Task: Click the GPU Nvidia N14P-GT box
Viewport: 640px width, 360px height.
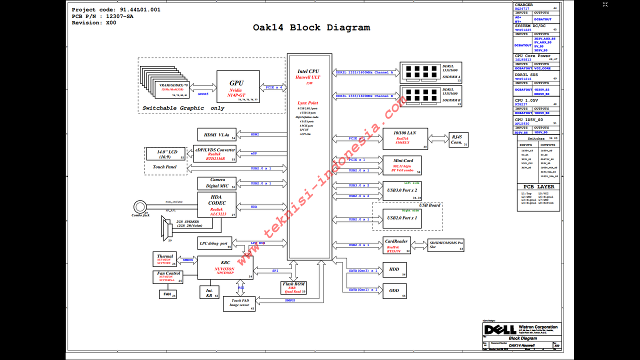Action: coord(238,86)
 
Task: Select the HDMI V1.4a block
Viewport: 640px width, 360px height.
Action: coord(217,134)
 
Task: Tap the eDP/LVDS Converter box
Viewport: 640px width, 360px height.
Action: coord(215,153)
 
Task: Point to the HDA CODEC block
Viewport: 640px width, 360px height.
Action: coord(217,205)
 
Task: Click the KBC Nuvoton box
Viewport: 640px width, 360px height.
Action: coord(225,267)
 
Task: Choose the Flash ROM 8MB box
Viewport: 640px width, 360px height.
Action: coord(294,287)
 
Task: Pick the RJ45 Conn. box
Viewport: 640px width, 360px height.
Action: coord(456,139)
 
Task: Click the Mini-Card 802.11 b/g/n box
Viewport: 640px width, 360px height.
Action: coord(401,165)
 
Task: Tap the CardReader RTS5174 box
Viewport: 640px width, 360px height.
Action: coord(397,245)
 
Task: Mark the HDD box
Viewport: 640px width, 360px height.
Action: coord(394,269)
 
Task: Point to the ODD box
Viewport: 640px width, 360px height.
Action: coord(394,290)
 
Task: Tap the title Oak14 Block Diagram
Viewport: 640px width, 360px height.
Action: coord(311,27)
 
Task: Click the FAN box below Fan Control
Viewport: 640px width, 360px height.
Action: coord(167,294)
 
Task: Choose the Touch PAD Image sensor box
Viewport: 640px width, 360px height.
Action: coord(239,303)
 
